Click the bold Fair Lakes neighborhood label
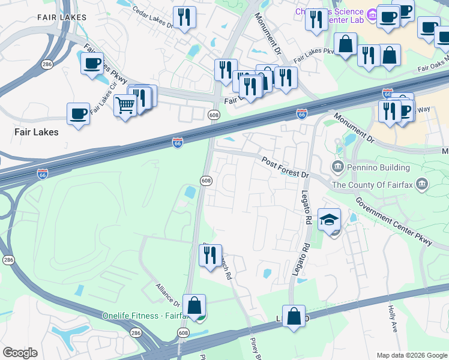pyautogui.click(x=36, y=131)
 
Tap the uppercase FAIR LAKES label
pyautogui.click(x=59, y=17)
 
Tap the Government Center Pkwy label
pyautogui.click(x=393, y=221)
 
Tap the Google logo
pyautogui.click(x=20, y=353)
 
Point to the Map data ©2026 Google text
pyautogui.click(x=411, y=355)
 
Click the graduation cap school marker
pyautogui.click(x=329, y=220)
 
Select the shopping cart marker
pyautogui.click(x=125, y=106)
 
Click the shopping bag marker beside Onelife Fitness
pyautogui.click(x=194, y=305)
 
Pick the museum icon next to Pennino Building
pyautogui.click(x=336, y=167)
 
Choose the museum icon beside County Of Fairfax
pyautogui.click(x=423, y=184)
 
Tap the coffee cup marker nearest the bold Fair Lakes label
pyautogui.click(x=78, y=113)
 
